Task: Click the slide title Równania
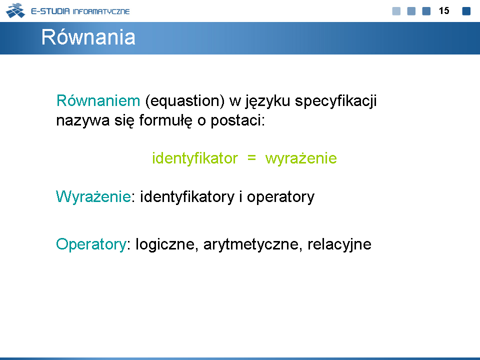[88, 37]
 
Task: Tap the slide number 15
[444, 10]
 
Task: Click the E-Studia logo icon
[15, 10]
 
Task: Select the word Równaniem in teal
[98, 100]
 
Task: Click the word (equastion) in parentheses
[185, 101]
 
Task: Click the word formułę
[165, 120]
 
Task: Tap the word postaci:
[237, 120]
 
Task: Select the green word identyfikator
[195, 158]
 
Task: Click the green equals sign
[251, 158]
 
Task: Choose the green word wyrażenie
[301, 158]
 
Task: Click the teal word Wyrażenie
[93, 196]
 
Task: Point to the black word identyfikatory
[187, 197]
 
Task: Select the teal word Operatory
[91, 244]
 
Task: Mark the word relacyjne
[339, 244]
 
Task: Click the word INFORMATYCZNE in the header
[101, 11]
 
